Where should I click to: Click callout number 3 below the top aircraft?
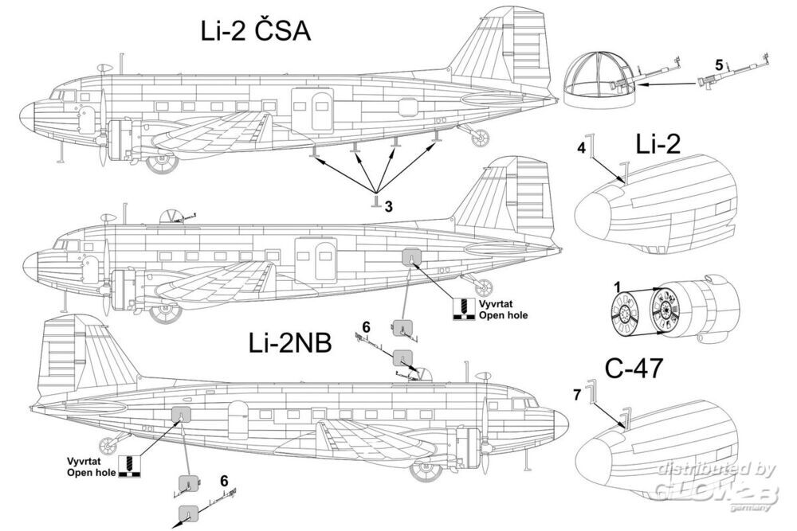tap(388, 206)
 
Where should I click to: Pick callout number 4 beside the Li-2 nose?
tap(581, 148)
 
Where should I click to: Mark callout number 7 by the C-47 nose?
tap(578, 393)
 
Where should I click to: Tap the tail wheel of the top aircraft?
tap(480, 138)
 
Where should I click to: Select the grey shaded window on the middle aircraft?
tap(410, 256)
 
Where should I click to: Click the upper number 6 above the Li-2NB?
tap(366, 327)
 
